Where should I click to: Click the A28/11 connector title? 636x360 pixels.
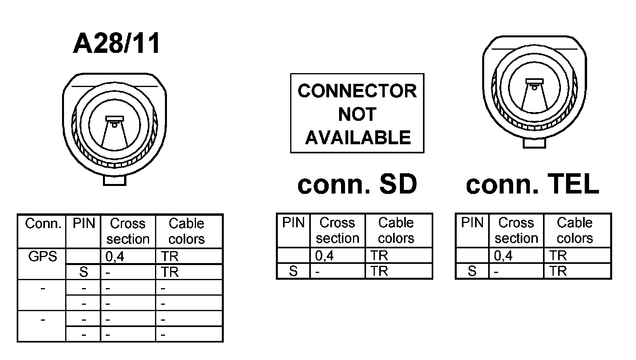point(116,43)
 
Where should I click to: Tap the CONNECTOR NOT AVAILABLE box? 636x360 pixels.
point(357,113)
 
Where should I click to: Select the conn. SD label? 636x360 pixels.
point(357,184)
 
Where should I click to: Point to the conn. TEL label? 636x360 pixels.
point(532,184)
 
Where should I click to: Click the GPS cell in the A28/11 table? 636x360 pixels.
point(43,257)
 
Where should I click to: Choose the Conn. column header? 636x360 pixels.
point(43,224)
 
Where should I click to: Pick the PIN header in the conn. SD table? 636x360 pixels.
point(293,223)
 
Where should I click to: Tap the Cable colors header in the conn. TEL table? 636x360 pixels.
point(574,230)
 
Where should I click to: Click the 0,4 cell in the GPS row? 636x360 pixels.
point(115,257)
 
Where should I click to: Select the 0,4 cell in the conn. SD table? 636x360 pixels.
point(324,255)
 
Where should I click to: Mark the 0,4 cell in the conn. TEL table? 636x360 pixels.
point(503,255)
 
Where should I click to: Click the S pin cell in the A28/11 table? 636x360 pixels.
point(83,272)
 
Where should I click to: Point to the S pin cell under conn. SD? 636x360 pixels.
point(293,271)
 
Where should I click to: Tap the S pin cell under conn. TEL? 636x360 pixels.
point(472,271)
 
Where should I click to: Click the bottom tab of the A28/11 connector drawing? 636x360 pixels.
point(114,180)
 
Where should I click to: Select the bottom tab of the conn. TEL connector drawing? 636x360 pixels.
point(534,143)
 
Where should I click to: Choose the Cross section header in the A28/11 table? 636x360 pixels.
point(128,231)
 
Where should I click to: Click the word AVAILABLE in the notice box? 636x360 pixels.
point(358,137)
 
